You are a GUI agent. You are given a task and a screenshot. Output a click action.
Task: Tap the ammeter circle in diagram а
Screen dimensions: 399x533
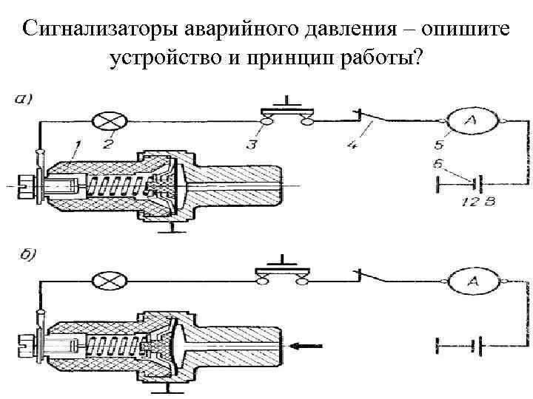click(471, 121)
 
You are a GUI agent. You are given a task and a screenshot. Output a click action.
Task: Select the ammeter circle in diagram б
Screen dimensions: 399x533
click(472, 282)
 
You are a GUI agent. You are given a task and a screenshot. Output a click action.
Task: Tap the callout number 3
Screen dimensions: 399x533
click(252, 144)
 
